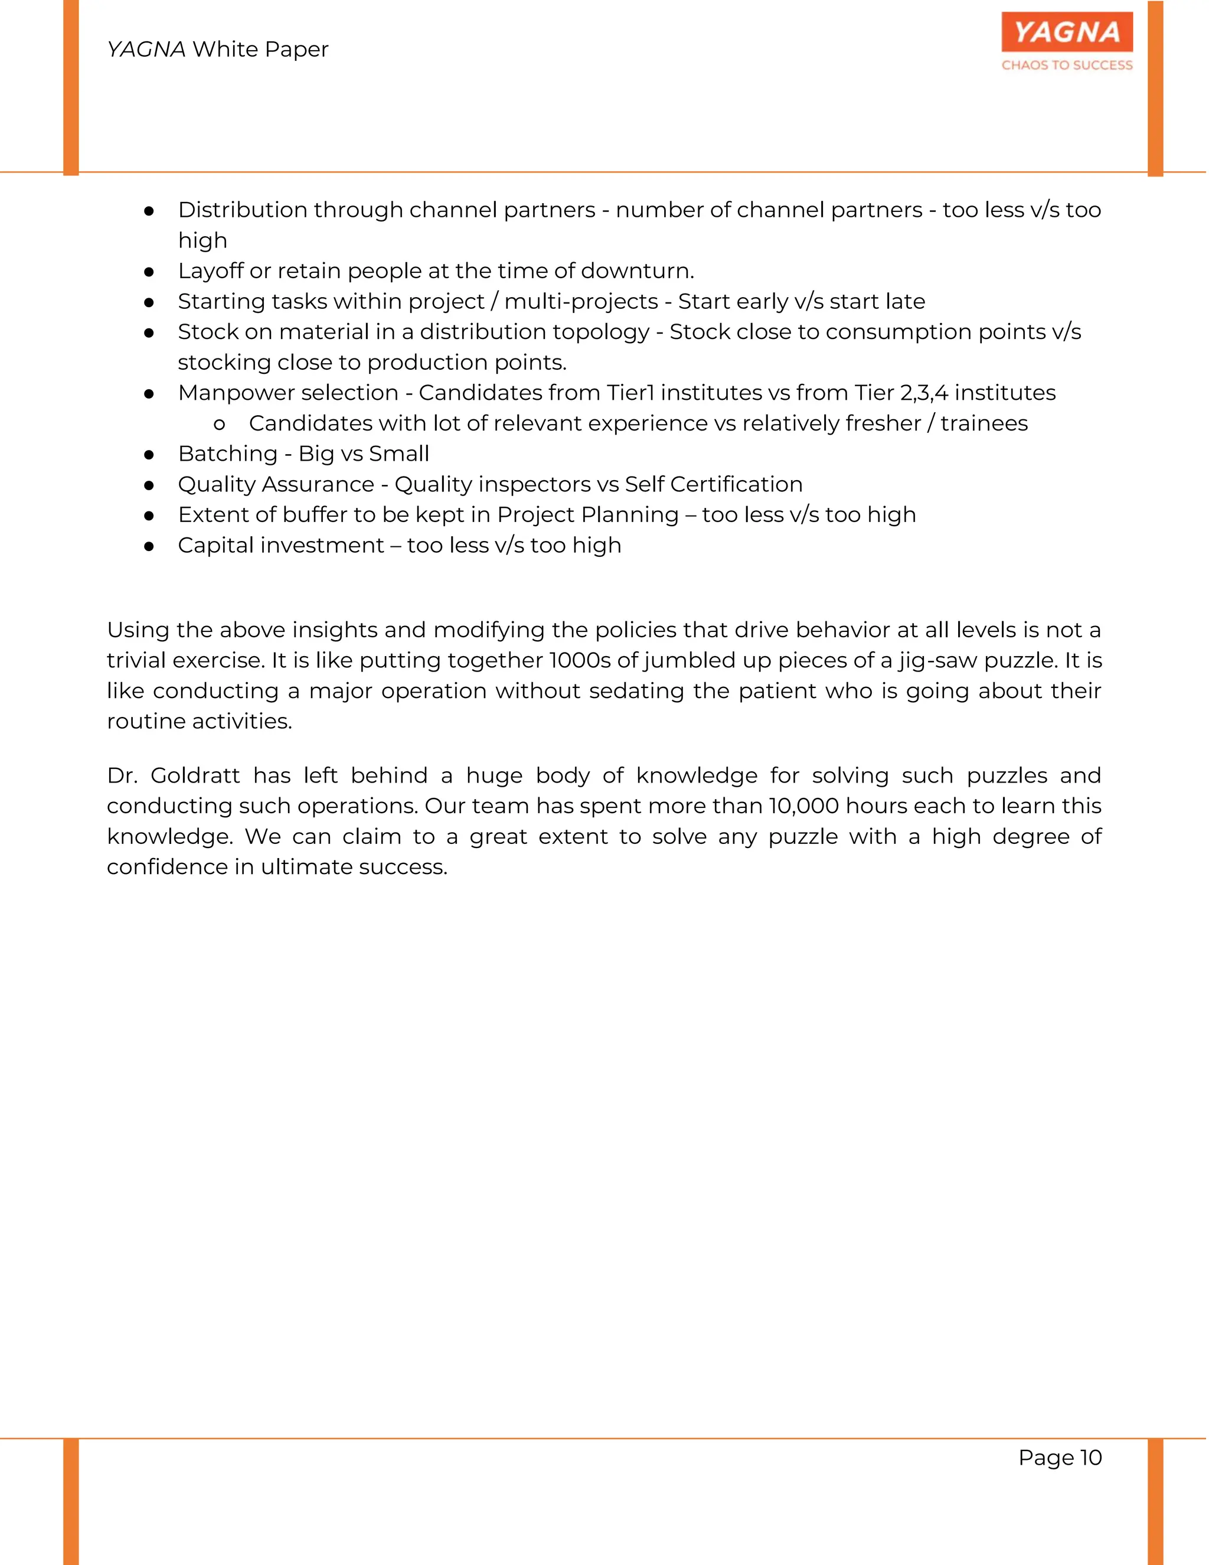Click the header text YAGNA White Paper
pyautogui.click(x=218, y=50)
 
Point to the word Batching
pyautogui.click(x=228, y=454)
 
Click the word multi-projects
pyautogui.click(x=581, y=302)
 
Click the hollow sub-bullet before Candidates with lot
pyautogui.click(x=219, y=424)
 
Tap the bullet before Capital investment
pyautogui.click(x=149, y=546)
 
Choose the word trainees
pyautogui.click(x=984, y=423)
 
